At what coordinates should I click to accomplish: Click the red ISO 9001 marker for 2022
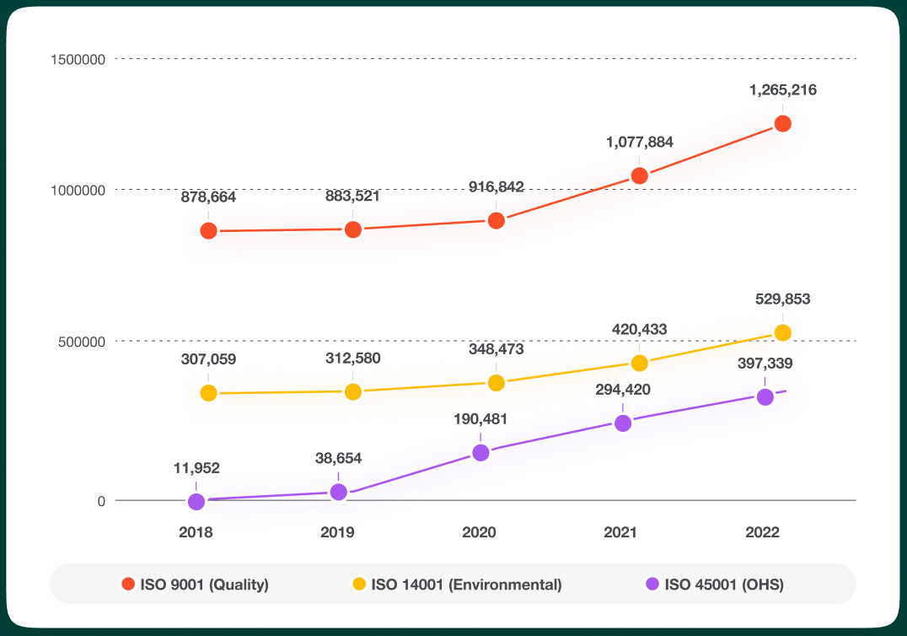782,124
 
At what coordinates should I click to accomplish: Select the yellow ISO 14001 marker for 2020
496,383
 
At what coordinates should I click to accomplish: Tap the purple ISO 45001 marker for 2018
196,501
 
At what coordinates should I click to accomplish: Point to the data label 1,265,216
782,89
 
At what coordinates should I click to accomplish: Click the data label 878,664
208,197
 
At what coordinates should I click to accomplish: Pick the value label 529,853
782,299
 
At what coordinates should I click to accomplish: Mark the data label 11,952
196,468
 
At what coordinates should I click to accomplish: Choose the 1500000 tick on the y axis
78,59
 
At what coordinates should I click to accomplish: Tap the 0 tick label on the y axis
101,501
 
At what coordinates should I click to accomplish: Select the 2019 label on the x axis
338,532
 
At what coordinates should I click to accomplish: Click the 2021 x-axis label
621,532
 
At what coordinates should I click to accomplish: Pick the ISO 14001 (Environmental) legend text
466,584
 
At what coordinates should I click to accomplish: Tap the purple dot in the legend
652,584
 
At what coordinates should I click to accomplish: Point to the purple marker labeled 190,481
480,453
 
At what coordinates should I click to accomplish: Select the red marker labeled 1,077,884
639,176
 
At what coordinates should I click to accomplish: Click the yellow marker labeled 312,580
353,391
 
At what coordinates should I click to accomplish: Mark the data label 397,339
765,364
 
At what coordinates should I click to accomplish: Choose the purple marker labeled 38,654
338,492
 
